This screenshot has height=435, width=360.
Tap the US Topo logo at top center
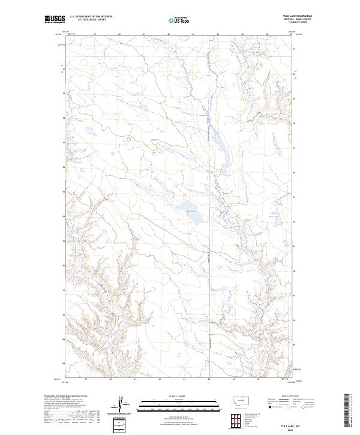pos(180,20)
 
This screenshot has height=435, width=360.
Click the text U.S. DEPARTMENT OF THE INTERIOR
pos(90,17)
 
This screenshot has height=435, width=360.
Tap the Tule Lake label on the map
pos(191,211)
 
